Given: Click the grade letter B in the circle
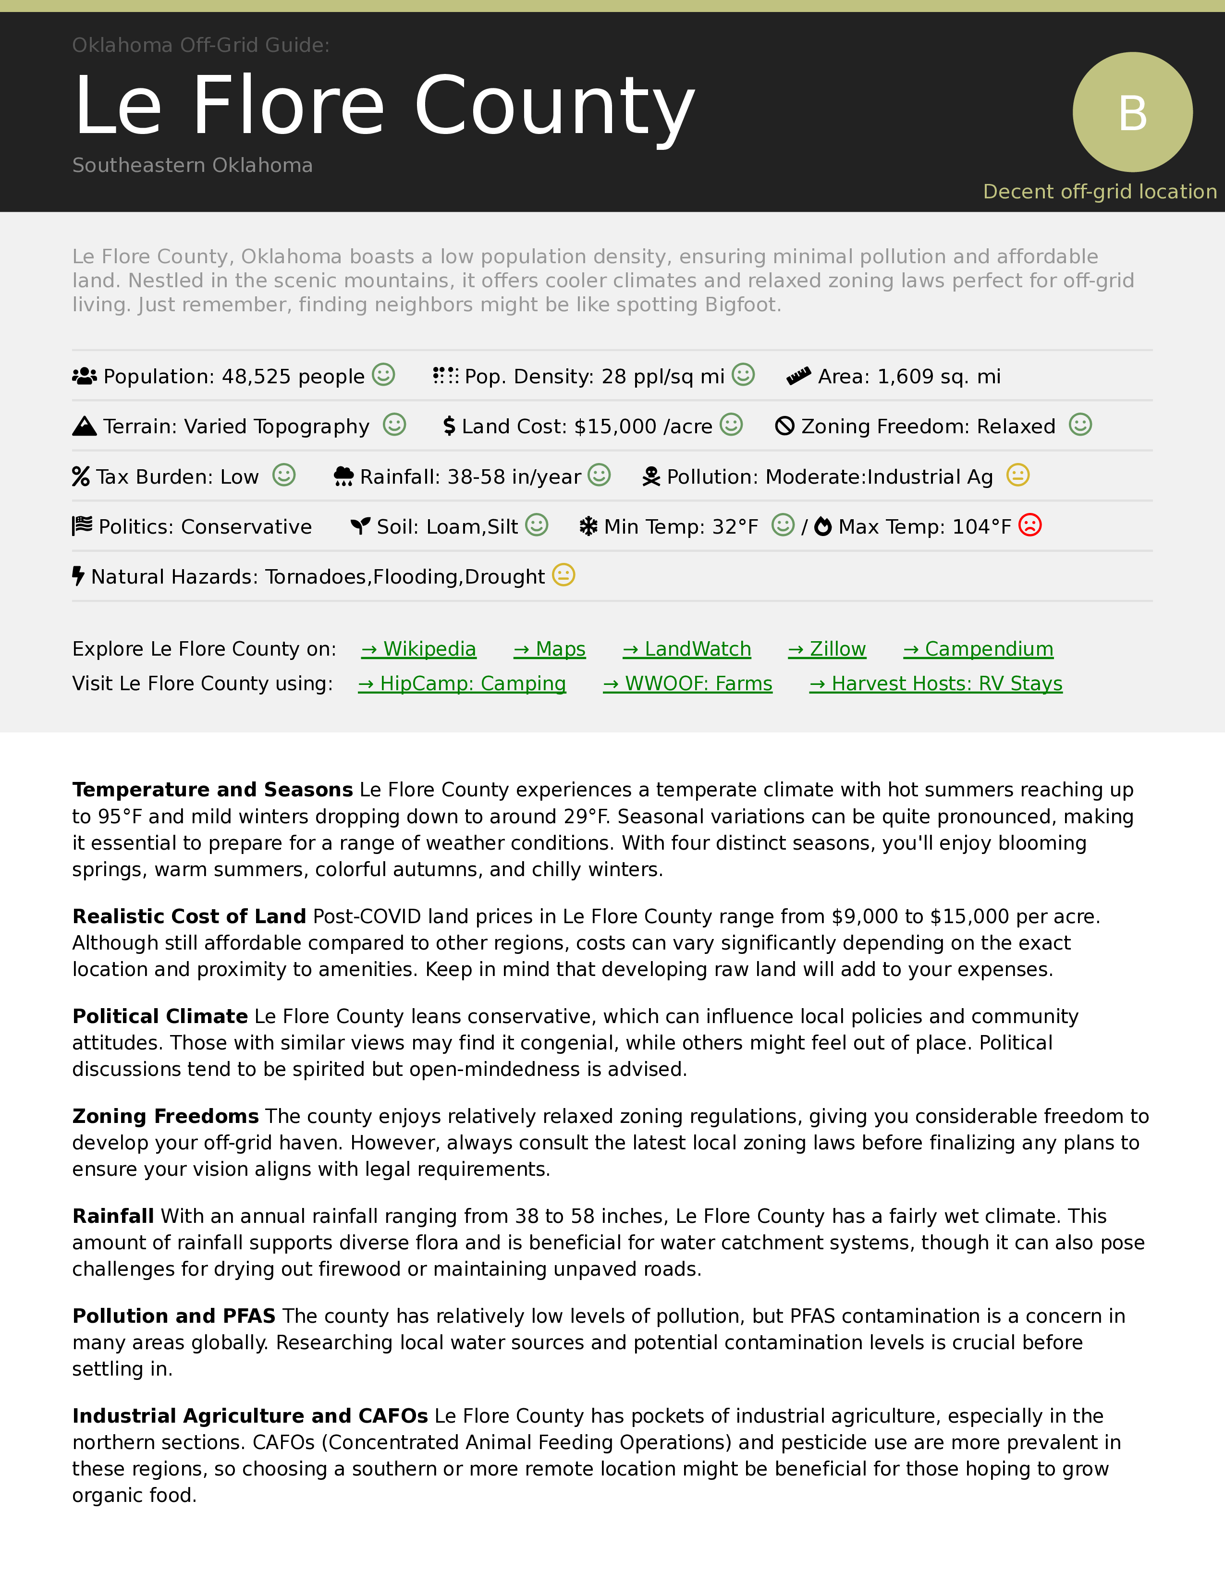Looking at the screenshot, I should point(1132,113).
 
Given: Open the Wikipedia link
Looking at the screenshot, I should point(419,649).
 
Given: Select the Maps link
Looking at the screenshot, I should point(550,649).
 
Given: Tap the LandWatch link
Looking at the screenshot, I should point(686,649).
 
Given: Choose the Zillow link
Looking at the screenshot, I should point(827,649).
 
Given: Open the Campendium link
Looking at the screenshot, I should point(978,649).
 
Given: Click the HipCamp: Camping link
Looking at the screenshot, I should point(462,683).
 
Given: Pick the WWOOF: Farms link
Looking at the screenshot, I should point(687,683).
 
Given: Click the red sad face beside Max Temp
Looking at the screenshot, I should point(1030,524).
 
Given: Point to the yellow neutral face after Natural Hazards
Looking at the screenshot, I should point(563,575).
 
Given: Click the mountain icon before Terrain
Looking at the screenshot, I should point(84,426).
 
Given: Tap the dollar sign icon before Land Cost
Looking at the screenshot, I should point(449,426).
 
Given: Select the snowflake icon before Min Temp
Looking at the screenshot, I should point(588,526).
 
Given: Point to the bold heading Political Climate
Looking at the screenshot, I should point(159,1016).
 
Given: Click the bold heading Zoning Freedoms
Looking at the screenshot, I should point(165,1116).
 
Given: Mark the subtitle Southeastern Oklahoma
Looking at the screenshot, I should point(192,166).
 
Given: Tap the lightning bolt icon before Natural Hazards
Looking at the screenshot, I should point(78,576).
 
